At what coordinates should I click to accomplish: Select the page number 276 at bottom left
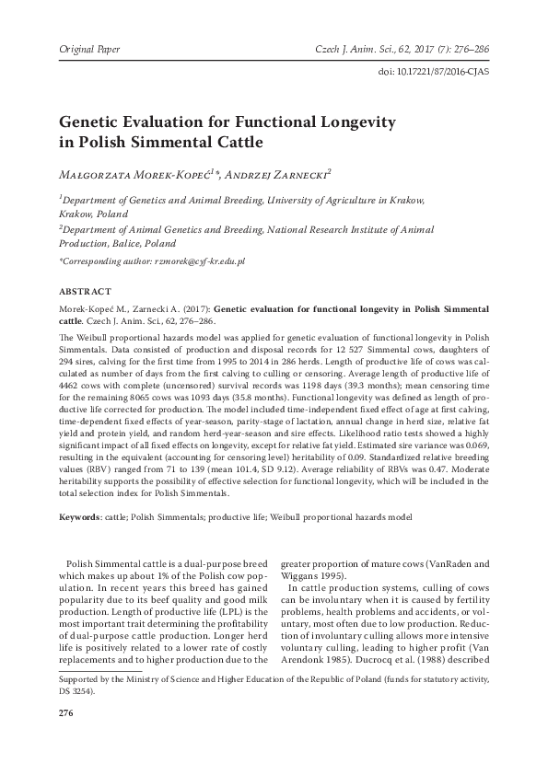click(x=66, y=712)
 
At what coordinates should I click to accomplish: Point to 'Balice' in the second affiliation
click(x=137, y=245)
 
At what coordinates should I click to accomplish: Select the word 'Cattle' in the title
click(x=232, y=143)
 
